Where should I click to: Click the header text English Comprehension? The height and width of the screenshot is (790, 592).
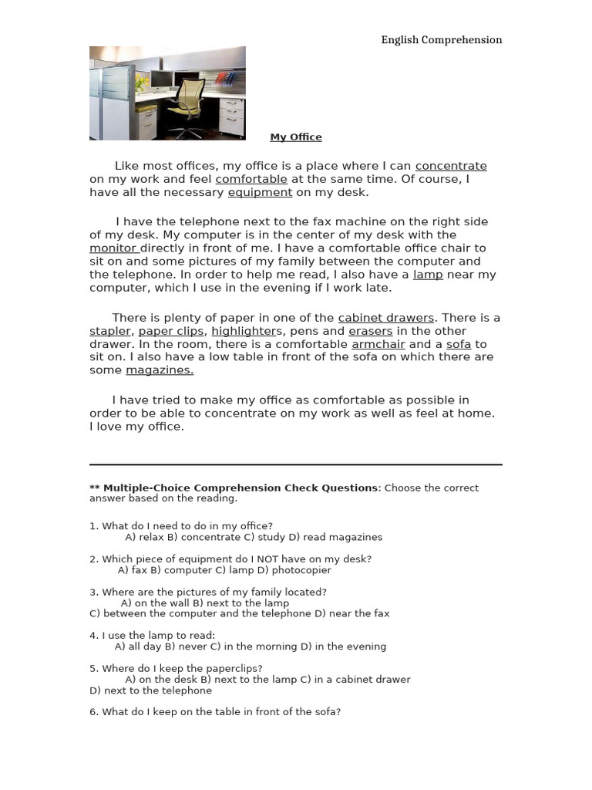click(441, 40)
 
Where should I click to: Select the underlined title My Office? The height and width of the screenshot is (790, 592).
click(295, 137)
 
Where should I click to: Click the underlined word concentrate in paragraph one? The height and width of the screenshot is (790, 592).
click(451, 166)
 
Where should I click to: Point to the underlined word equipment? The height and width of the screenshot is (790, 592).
click(260, 192)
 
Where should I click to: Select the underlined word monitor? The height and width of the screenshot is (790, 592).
click(113, 248)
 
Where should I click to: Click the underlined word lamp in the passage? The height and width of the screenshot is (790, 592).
click(428, 275)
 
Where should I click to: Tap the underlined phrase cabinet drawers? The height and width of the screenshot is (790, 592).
click(386, 318)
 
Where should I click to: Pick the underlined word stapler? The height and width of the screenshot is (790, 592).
click(110, 331)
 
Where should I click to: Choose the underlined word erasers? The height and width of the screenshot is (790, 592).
click(371, 331)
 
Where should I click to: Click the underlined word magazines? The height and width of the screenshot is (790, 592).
click(160, 370)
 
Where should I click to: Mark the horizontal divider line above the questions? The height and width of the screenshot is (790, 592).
click(295, 464)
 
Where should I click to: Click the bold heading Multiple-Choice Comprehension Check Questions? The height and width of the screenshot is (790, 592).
click(240, 488)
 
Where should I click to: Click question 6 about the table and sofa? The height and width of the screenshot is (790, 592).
click(215, 712)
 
